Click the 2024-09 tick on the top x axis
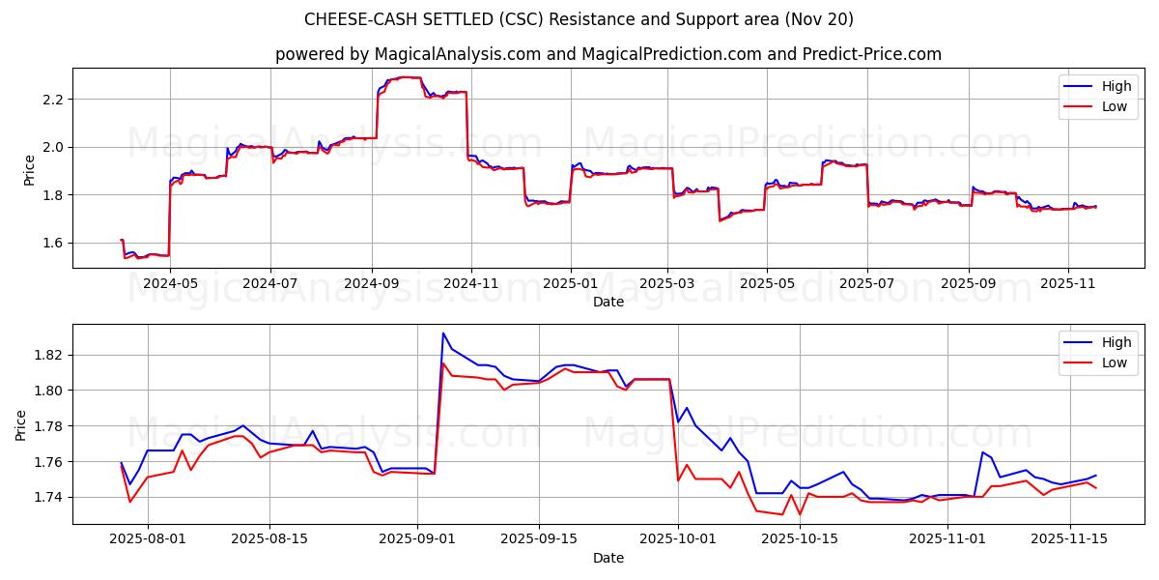[x=372, y=284]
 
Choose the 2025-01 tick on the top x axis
[x=570, y=284]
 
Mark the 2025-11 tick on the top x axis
[x=1067, y=284]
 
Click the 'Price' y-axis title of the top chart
[x=29, y=170]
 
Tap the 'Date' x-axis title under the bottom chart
[x=608, y=558]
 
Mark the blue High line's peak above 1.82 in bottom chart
[x=443, y=333]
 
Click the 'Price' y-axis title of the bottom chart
[x=21, y=424]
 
